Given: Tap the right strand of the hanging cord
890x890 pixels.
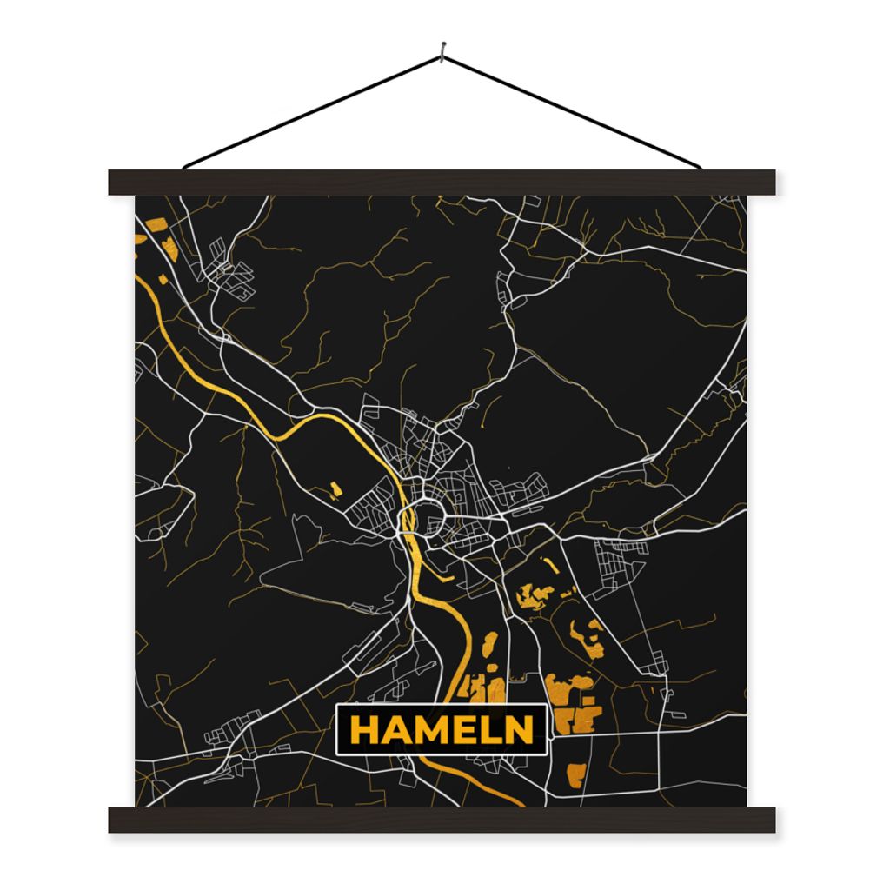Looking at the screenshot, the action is (574, 111).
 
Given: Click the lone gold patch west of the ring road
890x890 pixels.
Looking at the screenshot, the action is (335, 489).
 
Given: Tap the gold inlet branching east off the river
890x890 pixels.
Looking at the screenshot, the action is (444, 574).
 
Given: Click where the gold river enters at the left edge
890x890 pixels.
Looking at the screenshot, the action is (138, 278).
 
